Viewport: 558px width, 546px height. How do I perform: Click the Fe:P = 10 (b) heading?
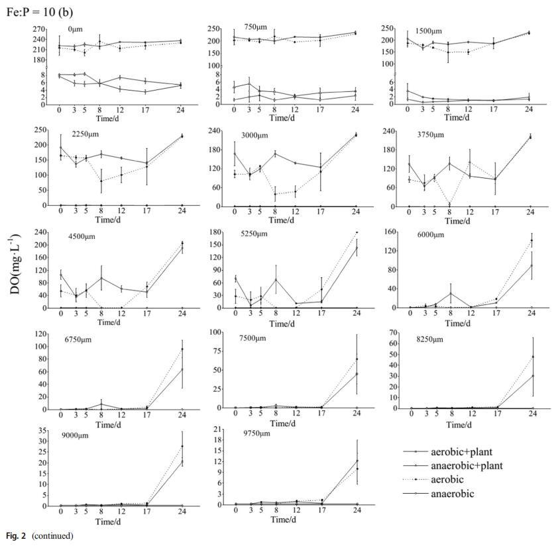pyautogui.click(x=38, y=12)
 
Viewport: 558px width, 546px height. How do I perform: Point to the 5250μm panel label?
pyautogui.click(x=253, y=237)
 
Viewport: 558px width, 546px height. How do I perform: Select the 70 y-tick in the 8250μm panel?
pyautogui.click(x=392, y=332)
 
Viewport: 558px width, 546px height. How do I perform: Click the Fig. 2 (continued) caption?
pyautogui.click(x=40, y=535)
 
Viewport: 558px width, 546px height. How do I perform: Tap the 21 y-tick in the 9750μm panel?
pyautogui.click(x=215, y=431)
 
